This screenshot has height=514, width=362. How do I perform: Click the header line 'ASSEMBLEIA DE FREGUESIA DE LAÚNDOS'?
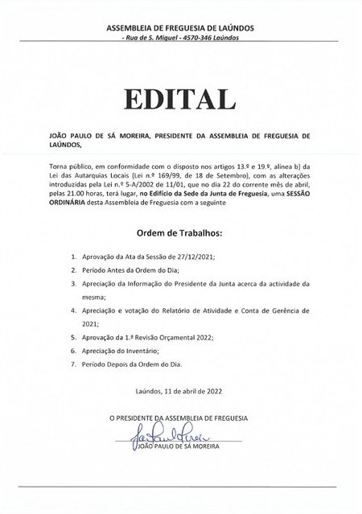(180, 28)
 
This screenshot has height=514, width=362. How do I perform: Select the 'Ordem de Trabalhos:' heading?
(180, 232)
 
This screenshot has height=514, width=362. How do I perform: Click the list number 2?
(74, 269)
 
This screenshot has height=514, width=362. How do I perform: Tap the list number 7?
(74, 365)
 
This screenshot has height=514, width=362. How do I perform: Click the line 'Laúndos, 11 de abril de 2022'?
(180, 393)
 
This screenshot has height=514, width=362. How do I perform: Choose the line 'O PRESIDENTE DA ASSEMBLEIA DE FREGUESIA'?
(180, 419)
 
